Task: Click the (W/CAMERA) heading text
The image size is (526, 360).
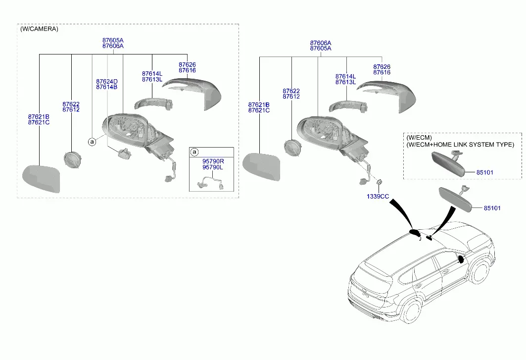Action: click(39, 29)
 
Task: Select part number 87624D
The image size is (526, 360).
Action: click(107, 82)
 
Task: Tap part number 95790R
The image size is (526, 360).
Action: click(213, 161)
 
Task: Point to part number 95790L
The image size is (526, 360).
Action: click(213, 167)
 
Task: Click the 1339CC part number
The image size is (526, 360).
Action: click(378, 197)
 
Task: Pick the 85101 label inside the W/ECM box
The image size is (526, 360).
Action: click(485, 172)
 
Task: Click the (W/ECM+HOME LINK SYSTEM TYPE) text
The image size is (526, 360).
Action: click(460, 145)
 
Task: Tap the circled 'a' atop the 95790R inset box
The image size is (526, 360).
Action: click(194, 152)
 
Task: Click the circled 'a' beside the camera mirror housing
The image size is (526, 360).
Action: click(92, 142)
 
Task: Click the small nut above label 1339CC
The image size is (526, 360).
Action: click(380, 182)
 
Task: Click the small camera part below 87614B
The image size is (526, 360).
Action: click(124, 153)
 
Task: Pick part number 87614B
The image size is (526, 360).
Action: click(107, 87)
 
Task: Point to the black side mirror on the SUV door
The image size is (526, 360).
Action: click(461, 259)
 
